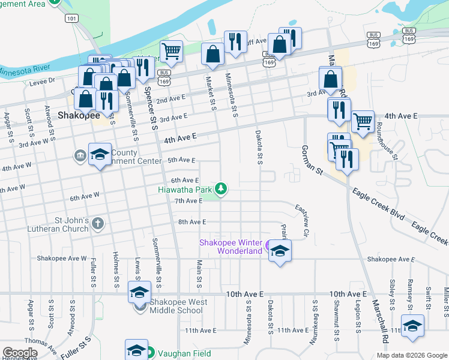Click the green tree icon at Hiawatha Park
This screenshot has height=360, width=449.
[x=221, y=189]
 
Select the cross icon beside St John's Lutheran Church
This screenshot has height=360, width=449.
[x=98, y=224]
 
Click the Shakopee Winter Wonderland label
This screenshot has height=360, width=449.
[x=231, y=247]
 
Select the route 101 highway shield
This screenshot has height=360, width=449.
[x=72, y=19]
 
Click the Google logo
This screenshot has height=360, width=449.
[x=20, y=353]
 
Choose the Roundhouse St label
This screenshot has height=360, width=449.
[x=387, y=140]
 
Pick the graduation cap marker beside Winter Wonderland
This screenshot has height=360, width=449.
[x=279, y=250]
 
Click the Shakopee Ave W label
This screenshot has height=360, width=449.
[x=62, y=258]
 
